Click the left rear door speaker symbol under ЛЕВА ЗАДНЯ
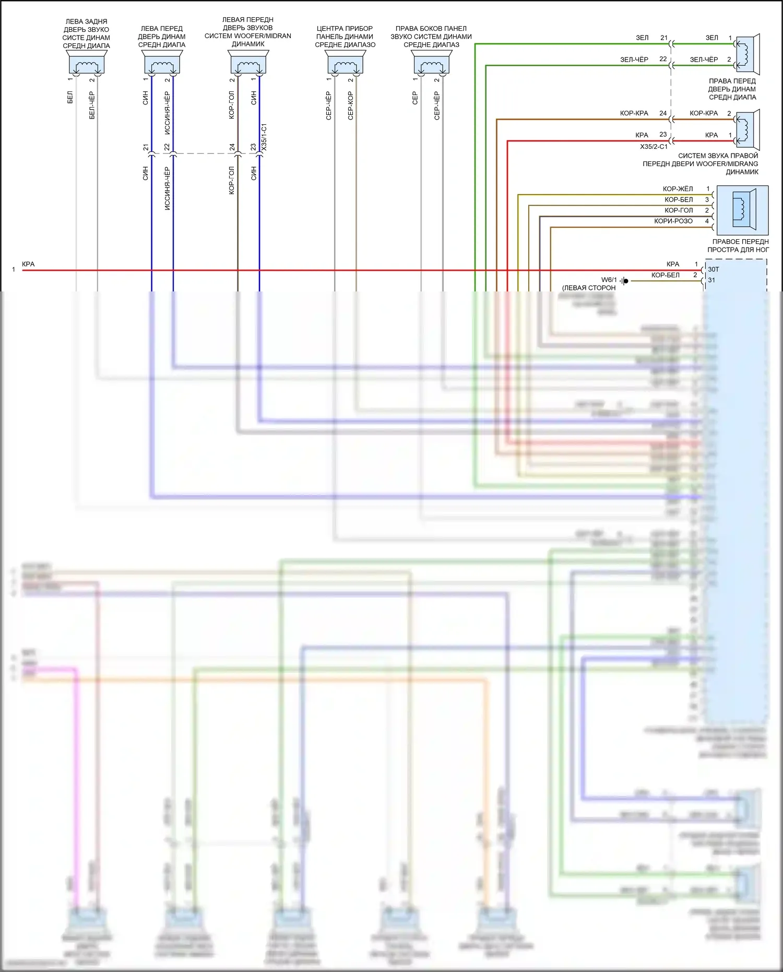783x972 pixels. pyautogui.click(x=87, y=64)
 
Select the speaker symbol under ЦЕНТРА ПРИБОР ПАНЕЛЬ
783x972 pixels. pyautogui.click(x=345, y=65)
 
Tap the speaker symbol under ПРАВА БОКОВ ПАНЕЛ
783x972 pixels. pyautogui.click(x=431, y=65)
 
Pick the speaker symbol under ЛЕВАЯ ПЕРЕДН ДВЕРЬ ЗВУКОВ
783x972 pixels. pyautogui.click(x=248, y=64)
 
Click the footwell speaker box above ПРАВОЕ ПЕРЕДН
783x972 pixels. pyautogui.click(x=742, y=210)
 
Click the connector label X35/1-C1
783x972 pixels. pyautogui.click(x=264, y=137)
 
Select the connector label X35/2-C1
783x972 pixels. pyautogui.click(x=654, y=147)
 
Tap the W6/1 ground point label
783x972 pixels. pyautogui.click(x=609, y=280)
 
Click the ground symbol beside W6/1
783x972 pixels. pyautogui.click(x=624, y=281)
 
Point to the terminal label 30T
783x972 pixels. pyautogui.click(x=713, y=270)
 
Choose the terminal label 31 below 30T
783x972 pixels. pyautogui.click(x=711, y=280)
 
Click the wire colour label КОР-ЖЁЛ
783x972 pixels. pyautogui.click(x=678, y=189)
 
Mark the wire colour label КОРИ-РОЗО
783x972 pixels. pyautogui.click(x=673, y=221)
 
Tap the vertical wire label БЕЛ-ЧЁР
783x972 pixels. pyautogui.click(x=92, y=105)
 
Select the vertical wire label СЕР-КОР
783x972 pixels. pyautogui.click(x=350, y=106)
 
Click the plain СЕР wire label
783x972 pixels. pyautogui.click(x=415, y=98)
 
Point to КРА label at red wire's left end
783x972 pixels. pyautogui.click(x=28, y=264)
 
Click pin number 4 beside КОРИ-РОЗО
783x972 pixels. pyautogui.click(x=707, y=221)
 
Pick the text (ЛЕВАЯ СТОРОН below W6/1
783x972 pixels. pyautogui.click(x=589, y=288)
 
